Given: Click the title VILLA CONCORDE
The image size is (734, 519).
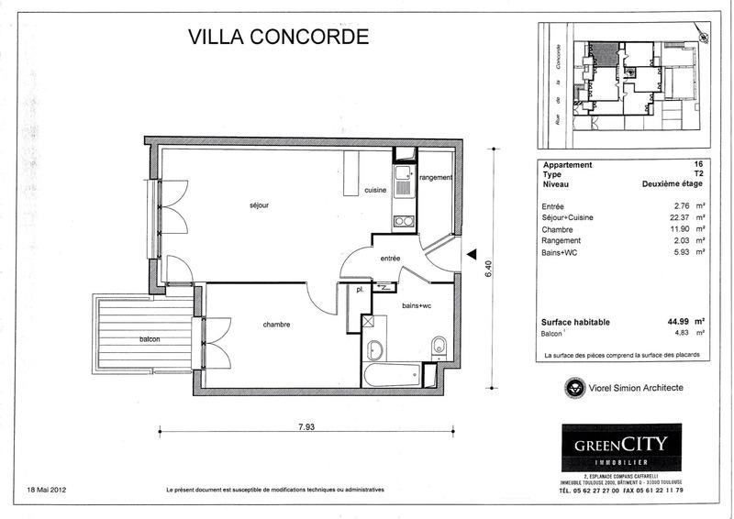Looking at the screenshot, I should tap(277, 38).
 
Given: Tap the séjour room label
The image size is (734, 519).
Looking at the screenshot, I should tap(258, 205).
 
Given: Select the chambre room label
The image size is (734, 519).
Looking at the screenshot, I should tap(277, 325).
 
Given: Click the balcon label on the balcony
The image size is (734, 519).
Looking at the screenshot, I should tap(150, 340).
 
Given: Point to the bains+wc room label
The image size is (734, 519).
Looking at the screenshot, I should tap(417, 305).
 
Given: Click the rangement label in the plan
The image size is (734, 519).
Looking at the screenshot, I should tap(436, 177).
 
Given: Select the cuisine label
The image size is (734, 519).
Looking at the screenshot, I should tap(374, 190).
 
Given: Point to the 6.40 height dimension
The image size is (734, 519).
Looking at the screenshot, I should tap(491, 268).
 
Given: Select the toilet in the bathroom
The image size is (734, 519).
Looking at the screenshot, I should tap(439, 346).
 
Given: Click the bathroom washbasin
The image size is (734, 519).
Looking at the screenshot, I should tap(375, 349).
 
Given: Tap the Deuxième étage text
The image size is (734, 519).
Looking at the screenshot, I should tap(672, 183).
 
